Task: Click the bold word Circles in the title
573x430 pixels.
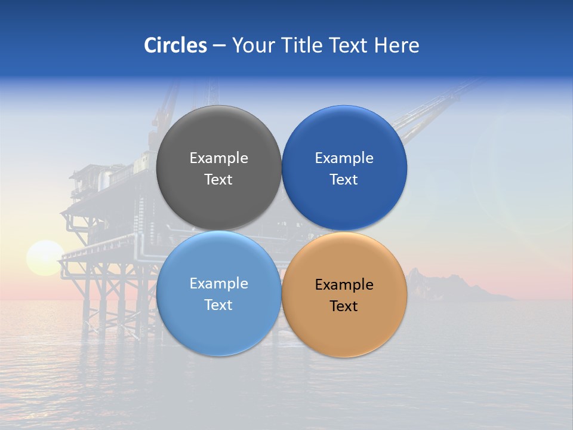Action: [x=175, y=45]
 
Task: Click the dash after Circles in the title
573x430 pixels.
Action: [x=219, y=46]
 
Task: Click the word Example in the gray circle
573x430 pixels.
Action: [x=218, y=158]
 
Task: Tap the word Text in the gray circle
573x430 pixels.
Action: [x=218, y=180]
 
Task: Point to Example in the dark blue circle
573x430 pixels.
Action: [x=344, y=158]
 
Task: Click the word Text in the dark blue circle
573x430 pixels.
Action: [x=344, y=180]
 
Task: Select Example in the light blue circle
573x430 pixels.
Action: [x=218, y=284]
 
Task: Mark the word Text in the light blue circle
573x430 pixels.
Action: [x=218, y=305]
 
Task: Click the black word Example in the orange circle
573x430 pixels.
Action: [x=344, y=285]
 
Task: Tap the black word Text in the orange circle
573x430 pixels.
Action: [x=344, y=306]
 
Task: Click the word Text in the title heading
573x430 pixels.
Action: [x=349, y=45]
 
